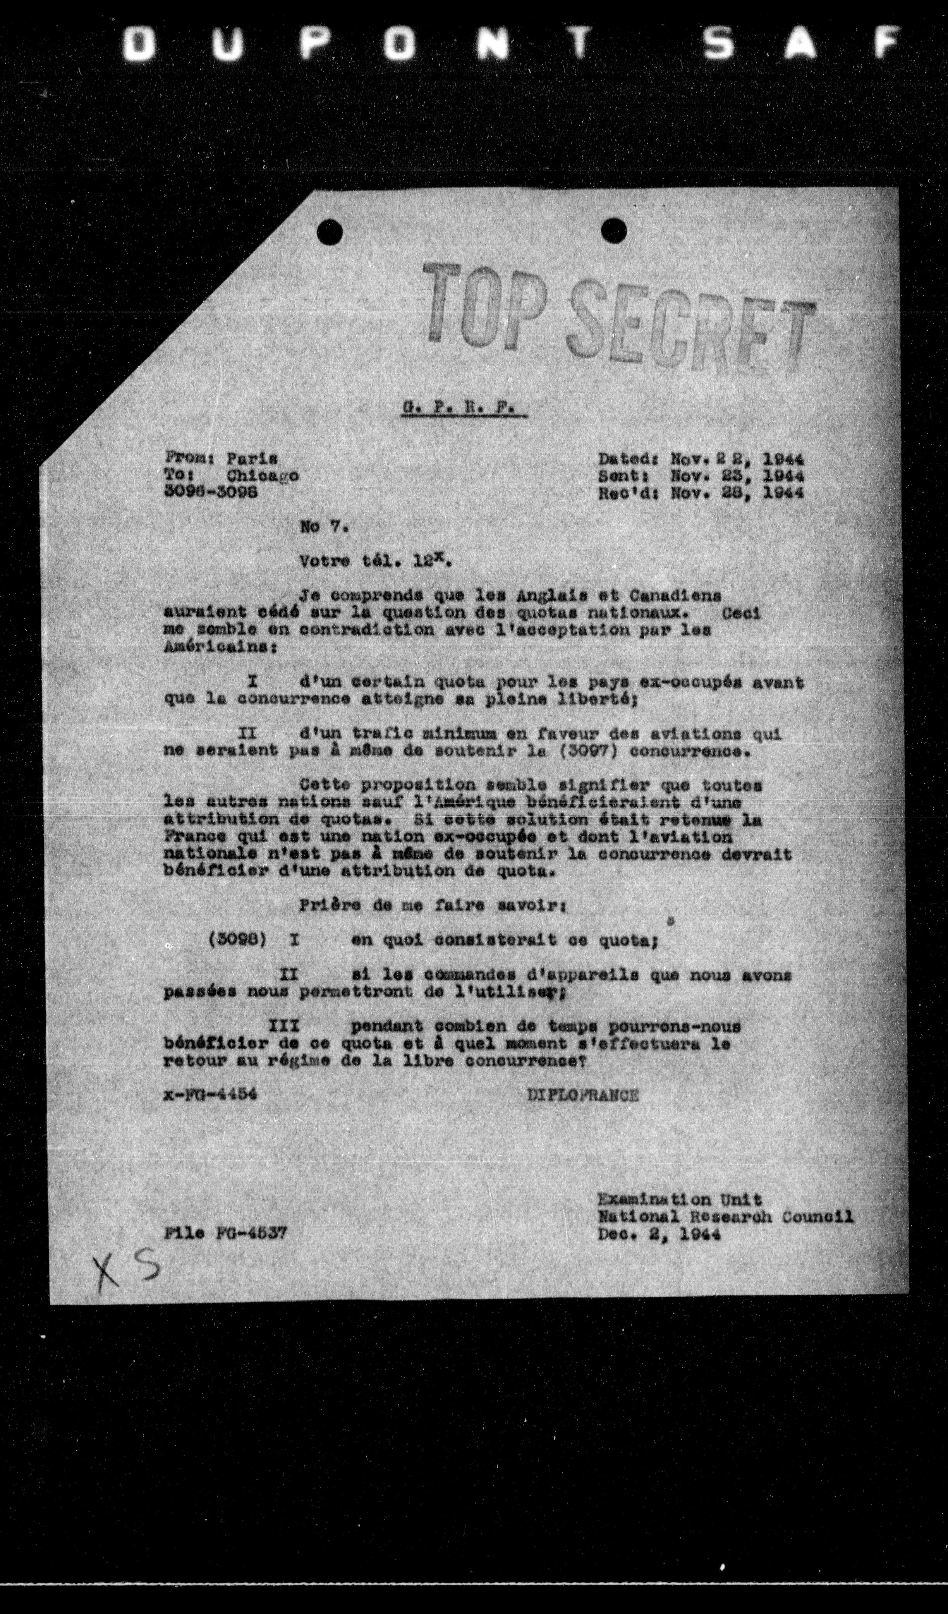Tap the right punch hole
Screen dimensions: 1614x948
tap(614, 229)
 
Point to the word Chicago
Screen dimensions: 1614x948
tap(263, 476)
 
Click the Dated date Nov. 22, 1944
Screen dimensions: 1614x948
tap(737, 459)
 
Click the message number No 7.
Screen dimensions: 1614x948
tap(323, 528)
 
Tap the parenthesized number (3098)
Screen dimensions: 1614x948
tap(237, 939)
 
